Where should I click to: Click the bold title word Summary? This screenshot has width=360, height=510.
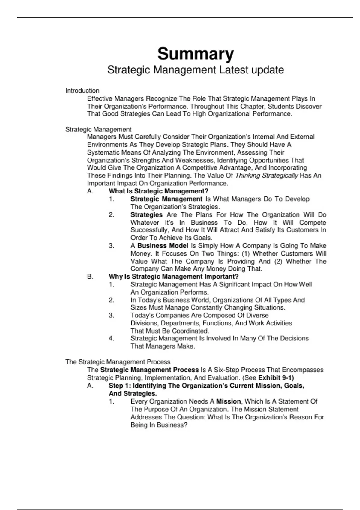[196, 54]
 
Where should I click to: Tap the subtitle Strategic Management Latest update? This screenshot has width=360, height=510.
[196, 70]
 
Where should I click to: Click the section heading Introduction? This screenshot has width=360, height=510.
[82, 91]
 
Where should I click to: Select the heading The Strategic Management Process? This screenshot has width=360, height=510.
[118, 362]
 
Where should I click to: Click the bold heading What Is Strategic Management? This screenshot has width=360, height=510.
[158, 191]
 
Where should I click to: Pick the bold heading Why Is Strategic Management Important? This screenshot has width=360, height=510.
[173, 277]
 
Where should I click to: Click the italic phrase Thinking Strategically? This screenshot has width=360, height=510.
[266, 175]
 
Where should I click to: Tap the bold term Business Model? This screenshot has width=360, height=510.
[163, 246]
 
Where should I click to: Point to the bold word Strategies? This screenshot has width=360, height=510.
[146, 215]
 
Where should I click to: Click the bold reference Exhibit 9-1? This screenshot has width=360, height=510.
[276, 378]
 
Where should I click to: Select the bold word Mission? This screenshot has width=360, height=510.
[228, 401]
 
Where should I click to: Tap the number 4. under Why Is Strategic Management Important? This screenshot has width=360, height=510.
[111, 338]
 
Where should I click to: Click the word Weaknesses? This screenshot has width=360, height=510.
[194, 160]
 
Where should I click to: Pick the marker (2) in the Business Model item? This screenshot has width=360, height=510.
[278, 261]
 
